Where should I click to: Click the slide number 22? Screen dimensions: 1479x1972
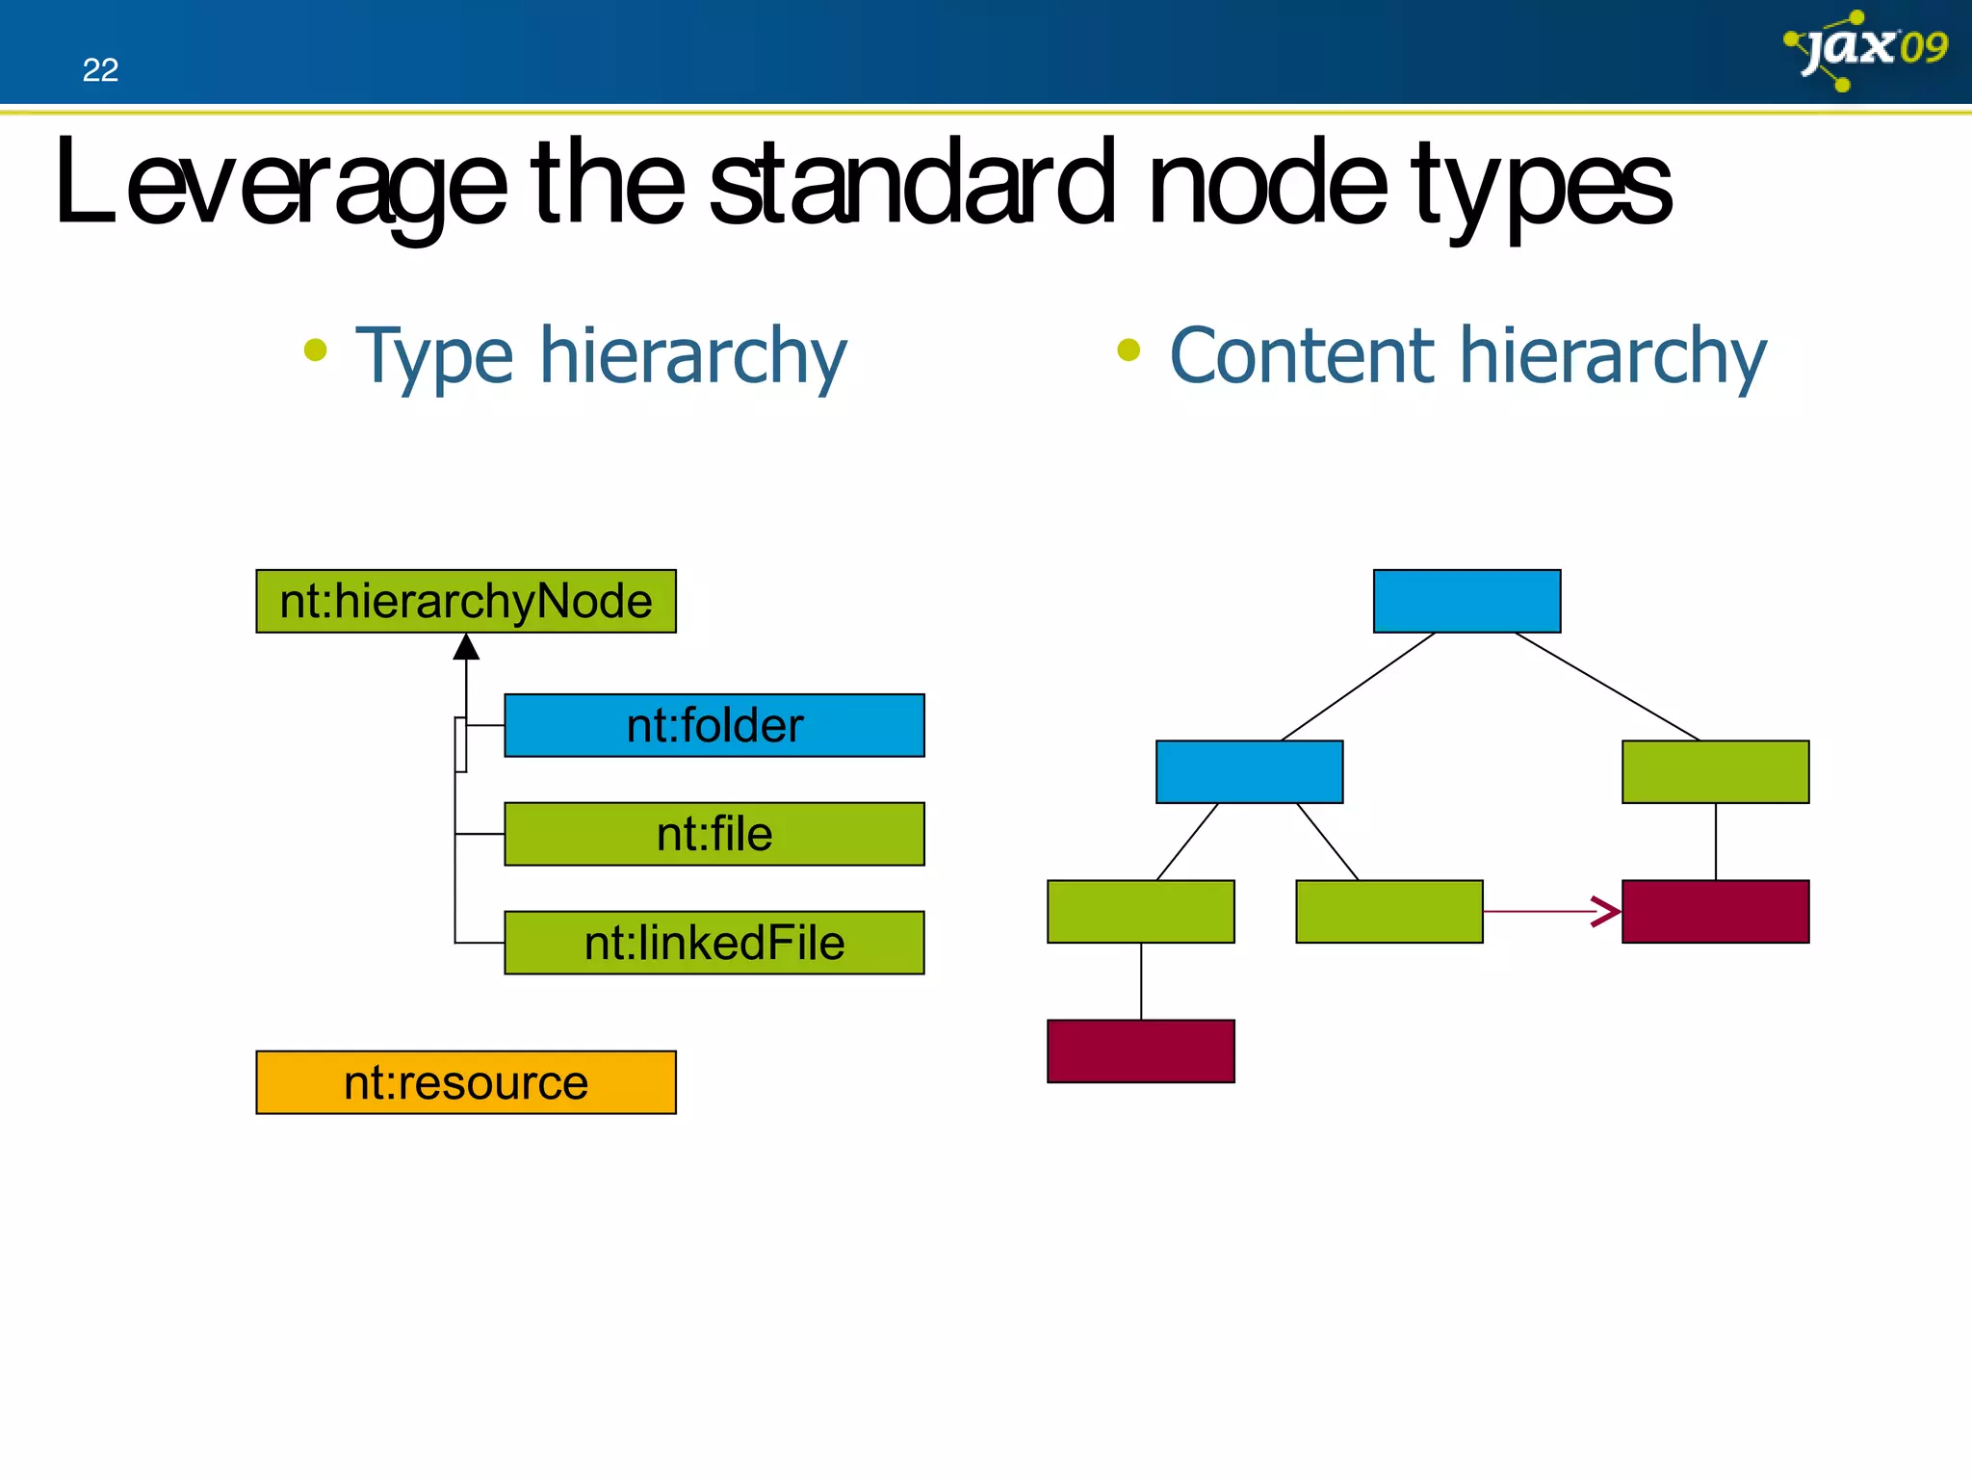pyautogui.click(x=100, y=70)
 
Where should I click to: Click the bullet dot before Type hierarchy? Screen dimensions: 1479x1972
pyautogui.click(x=315, y=350)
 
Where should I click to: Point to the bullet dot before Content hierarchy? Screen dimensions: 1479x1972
pyautogui.click(x=1129, y=350)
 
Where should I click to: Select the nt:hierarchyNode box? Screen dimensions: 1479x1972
pyautogui.click(x=466, y=602)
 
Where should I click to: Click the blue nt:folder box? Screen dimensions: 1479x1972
pyautogui.click(x=714, y=725)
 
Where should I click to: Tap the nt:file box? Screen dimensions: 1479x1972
pyautogui.click(x=714, y=834)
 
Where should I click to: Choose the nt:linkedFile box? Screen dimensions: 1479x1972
pyautogui.click(x=714, y=943)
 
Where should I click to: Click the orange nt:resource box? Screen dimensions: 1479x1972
pyautogui.click(x=466, y=1082)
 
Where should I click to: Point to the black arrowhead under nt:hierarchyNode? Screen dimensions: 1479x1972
pyautogui.click(x=466, y=647)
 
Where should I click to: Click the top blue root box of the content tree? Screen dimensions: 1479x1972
pyautogui.click(x=1466, y=601)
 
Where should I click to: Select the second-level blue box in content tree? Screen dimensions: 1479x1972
pyautogui.click(x=1249, y=771)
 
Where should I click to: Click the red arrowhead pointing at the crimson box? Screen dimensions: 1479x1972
pyautogui.click(x=1606, y=911)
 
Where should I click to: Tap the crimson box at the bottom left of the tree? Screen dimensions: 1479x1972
pyautogui.click(x=1141, y=1051)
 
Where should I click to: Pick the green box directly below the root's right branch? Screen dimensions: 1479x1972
pyautogui.click(x=1715, y=771)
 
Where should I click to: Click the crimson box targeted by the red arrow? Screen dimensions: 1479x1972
pyautogui.click(x=1715, y=911)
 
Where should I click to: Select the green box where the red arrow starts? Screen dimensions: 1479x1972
pyautogui.click(x=1388, y=911)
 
